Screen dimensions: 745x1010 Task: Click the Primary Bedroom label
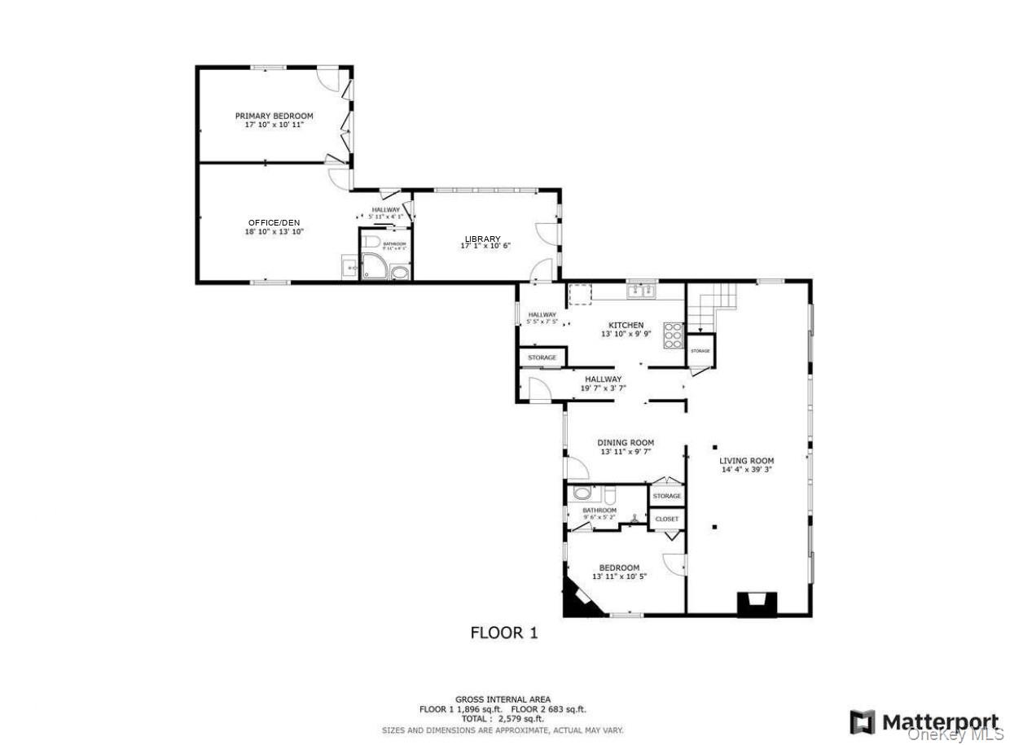click(274, 116)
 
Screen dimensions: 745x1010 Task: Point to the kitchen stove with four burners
click(674, 335)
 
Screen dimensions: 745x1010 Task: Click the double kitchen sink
click(642, 290)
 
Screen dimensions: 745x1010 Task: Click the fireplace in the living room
click(757, 603)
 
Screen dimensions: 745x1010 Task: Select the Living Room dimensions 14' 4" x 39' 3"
click(747, 470)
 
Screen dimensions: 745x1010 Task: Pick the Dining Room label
click(626, 443)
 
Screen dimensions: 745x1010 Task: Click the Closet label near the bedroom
click(666, 519)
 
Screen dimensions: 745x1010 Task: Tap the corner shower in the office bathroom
click(375, 265)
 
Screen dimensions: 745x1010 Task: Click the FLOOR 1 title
click(504, 633)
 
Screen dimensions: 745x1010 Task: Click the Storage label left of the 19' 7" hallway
click(542, 357)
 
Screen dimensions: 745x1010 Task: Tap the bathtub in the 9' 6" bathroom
click(582, 493)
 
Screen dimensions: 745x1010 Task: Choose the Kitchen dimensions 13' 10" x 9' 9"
click(626, 334)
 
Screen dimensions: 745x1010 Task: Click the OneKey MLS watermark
click(956, 734)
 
